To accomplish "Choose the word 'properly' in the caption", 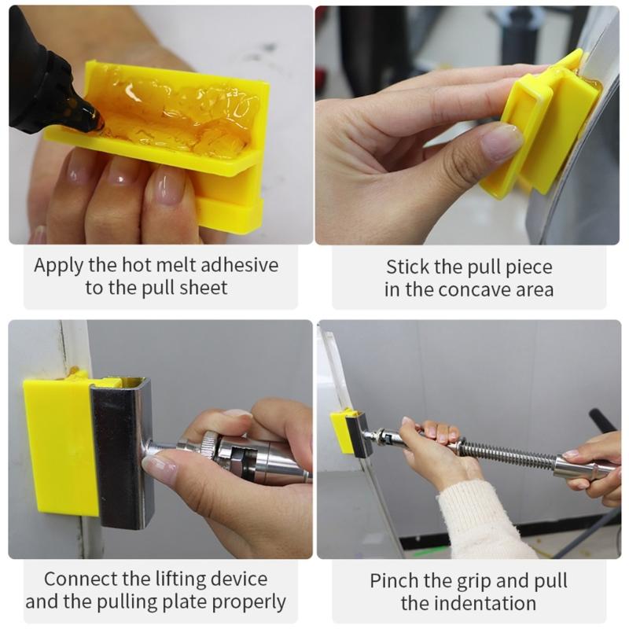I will [250, 602].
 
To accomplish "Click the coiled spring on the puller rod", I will [503, 454].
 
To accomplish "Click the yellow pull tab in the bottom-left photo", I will [60, 444].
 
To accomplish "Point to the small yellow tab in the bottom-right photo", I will [343, 430].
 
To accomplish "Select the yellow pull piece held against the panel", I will [543, 126].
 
